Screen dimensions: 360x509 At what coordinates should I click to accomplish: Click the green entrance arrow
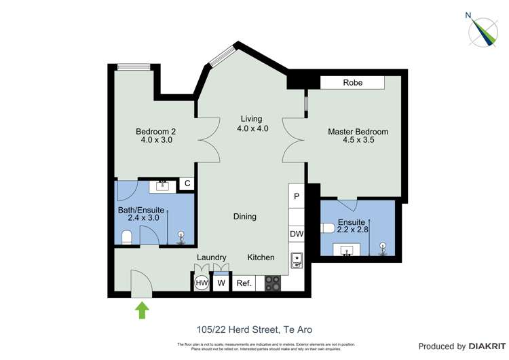[x=143, y=310]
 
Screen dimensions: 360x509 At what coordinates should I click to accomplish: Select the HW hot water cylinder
[x=202, y=283]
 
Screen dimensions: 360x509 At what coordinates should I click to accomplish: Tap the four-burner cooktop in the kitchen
[x=272, y=283]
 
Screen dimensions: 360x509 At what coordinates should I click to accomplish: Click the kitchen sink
[x=297, y=259]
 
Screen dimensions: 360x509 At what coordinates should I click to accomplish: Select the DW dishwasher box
[x=297, y=234]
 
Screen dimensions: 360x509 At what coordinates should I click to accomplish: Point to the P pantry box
[x=297, y=196]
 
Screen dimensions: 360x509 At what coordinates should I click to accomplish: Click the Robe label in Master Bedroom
[x=352, y=82]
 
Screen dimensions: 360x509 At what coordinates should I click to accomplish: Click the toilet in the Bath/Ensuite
[x=126, y=236]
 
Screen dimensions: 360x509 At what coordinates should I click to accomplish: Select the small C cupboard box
[x=187, y=183]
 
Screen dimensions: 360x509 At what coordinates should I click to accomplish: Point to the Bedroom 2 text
[x=155, y=132]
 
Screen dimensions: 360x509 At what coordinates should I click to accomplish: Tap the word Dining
[x=245, y=217]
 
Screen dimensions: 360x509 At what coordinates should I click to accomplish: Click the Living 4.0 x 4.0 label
[x=252, y=124]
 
